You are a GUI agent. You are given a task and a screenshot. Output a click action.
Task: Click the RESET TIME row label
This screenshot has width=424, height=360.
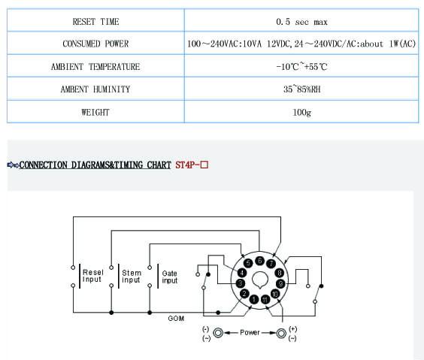click(x=95, y=21)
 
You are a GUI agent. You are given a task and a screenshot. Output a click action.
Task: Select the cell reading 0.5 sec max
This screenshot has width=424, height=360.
click(x=301, y=22)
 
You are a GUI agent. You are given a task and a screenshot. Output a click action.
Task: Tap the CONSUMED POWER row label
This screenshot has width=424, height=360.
click(x=95, y=44)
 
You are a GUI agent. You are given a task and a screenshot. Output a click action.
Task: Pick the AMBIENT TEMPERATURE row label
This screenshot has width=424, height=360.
click(x=95, y=66)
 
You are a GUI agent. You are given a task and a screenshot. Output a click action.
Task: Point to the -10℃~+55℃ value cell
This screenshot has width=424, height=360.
click(x=301, y=66)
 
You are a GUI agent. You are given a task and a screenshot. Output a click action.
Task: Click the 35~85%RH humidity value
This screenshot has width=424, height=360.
click(x=301, y=89)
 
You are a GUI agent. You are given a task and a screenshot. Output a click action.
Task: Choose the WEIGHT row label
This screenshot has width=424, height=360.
click(x=95, y=112)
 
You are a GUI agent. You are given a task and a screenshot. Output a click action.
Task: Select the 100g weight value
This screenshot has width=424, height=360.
click(x=301, y=112)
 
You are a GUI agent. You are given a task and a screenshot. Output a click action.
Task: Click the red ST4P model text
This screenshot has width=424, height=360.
click(x=192, y=165)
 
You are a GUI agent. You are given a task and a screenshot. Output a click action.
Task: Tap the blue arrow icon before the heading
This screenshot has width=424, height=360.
click(x=13, y=165)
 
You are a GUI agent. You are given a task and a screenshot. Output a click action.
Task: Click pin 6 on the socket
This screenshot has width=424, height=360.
click(x=259, y=261)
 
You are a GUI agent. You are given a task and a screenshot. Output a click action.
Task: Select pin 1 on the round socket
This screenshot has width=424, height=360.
click(x=254, y=299)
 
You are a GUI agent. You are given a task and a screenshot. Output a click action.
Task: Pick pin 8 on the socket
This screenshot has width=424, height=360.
click(x=280, y=273)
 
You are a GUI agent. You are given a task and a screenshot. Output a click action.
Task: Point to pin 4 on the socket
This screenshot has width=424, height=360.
click(x=242, y=273)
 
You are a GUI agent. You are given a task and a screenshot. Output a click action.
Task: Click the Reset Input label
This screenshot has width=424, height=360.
click(x=93, y=276)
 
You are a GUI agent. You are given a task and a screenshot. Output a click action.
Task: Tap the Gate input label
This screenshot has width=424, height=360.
click(x=170, y=277)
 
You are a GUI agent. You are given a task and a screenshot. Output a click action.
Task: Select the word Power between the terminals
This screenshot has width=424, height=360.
click(x=250, y=332)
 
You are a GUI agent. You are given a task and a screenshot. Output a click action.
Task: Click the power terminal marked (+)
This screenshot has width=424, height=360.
click(x=281, y=333)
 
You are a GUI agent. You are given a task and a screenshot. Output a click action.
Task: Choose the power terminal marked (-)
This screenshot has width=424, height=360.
click(x=218, y=333)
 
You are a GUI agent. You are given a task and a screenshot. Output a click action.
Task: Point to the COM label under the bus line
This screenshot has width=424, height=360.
click(x=176, y=319)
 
